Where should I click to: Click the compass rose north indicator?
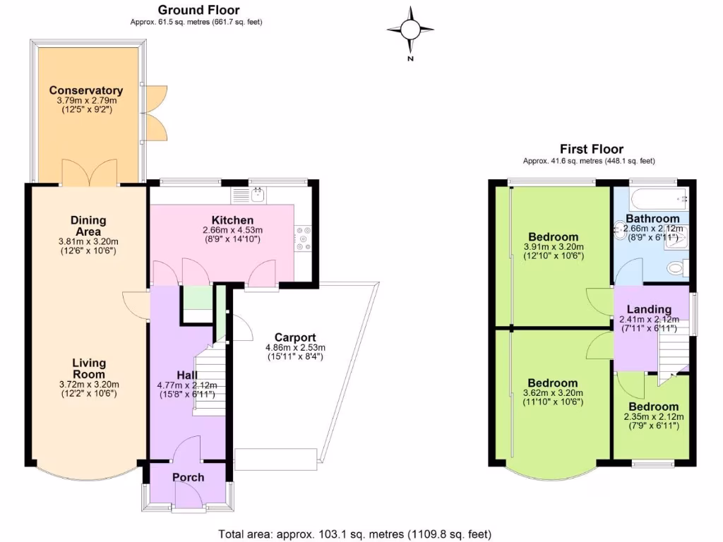coord(410,30)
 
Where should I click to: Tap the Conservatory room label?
coord(85,90)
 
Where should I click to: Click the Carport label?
coord(295,337)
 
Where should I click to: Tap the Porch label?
coord(188,477)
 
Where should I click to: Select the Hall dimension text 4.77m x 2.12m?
coord(187,385)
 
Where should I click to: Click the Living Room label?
coord(89,368)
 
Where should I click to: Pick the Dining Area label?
coord(88,225)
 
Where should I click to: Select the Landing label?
coord(649,309)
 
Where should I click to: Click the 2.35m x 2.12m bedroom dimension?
coord(654,417)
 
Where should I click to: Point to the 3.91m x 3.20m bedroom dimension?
coord(553,247)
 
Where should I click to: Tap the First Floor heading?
coord(591,149)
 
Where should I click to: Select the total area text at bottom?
coord(355,534)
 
